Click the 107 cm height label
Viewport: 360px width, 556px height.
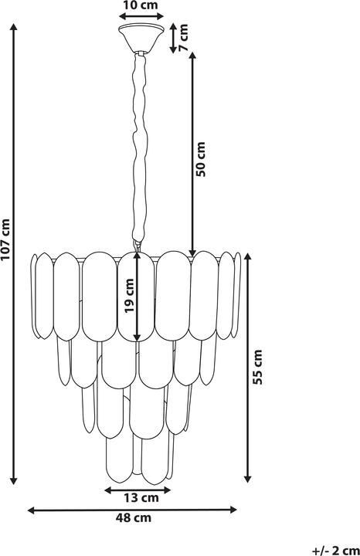6,239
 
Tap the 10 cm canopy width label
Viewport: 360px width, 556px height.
141,5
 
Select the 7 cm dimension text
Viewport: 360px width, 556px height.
183,38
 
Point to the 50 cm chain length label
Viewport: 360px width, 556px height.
201,159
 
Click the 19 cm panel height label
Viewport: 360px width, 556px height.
130,296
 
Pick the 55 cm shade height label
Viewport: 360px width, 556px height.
257,367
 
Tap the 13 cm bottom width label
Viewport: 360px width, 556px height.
141,498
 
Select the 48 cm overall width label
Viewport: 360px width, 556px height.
134,517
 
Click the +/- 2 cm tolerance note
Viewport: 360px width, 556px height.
335,551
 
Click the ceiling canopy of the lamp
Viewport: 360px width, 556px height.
141,38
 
